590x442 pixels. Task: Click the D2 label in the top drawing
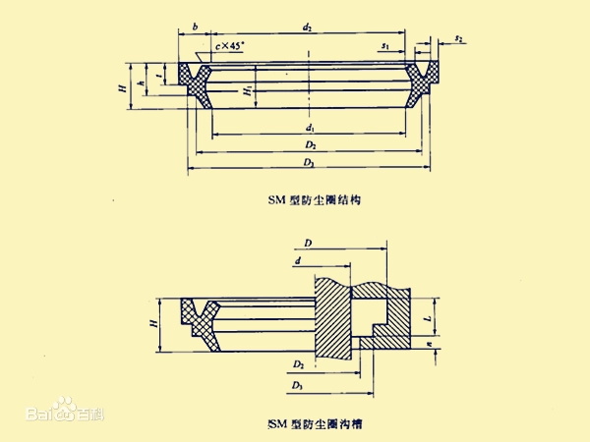[309, 146]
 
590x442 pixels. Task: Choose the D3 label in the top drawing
[309, 163]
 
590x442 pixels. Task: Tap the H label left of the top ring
[121, 88]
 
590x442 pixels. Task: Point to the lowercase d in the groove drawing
[296, 260]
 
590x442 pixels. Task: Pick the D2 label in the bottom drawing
[297, 364]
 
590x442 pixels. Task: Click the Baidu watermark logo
[65, 412]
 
